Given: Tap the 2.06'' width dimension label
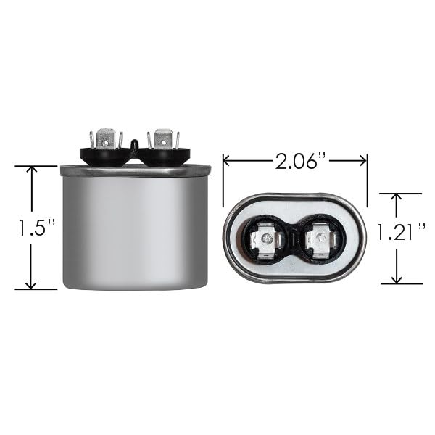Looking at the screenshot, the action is tap(300, 161).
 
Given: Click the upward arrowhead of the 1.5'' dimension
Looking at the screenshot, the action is tap(32, 169).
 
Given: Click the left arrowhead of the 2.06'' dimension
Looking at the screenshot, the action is tap(226, 161).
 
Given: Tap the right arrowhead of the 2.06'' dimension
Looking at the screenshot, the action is tap(363, 161).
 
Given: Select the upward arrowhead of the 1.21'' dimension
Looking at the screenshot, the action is tap(397, 197).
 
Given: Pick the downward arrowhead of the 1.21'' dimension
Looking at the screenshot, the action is tap(397, 280).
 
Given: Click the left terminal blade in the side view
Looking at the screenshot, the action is tap(106, 138).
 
